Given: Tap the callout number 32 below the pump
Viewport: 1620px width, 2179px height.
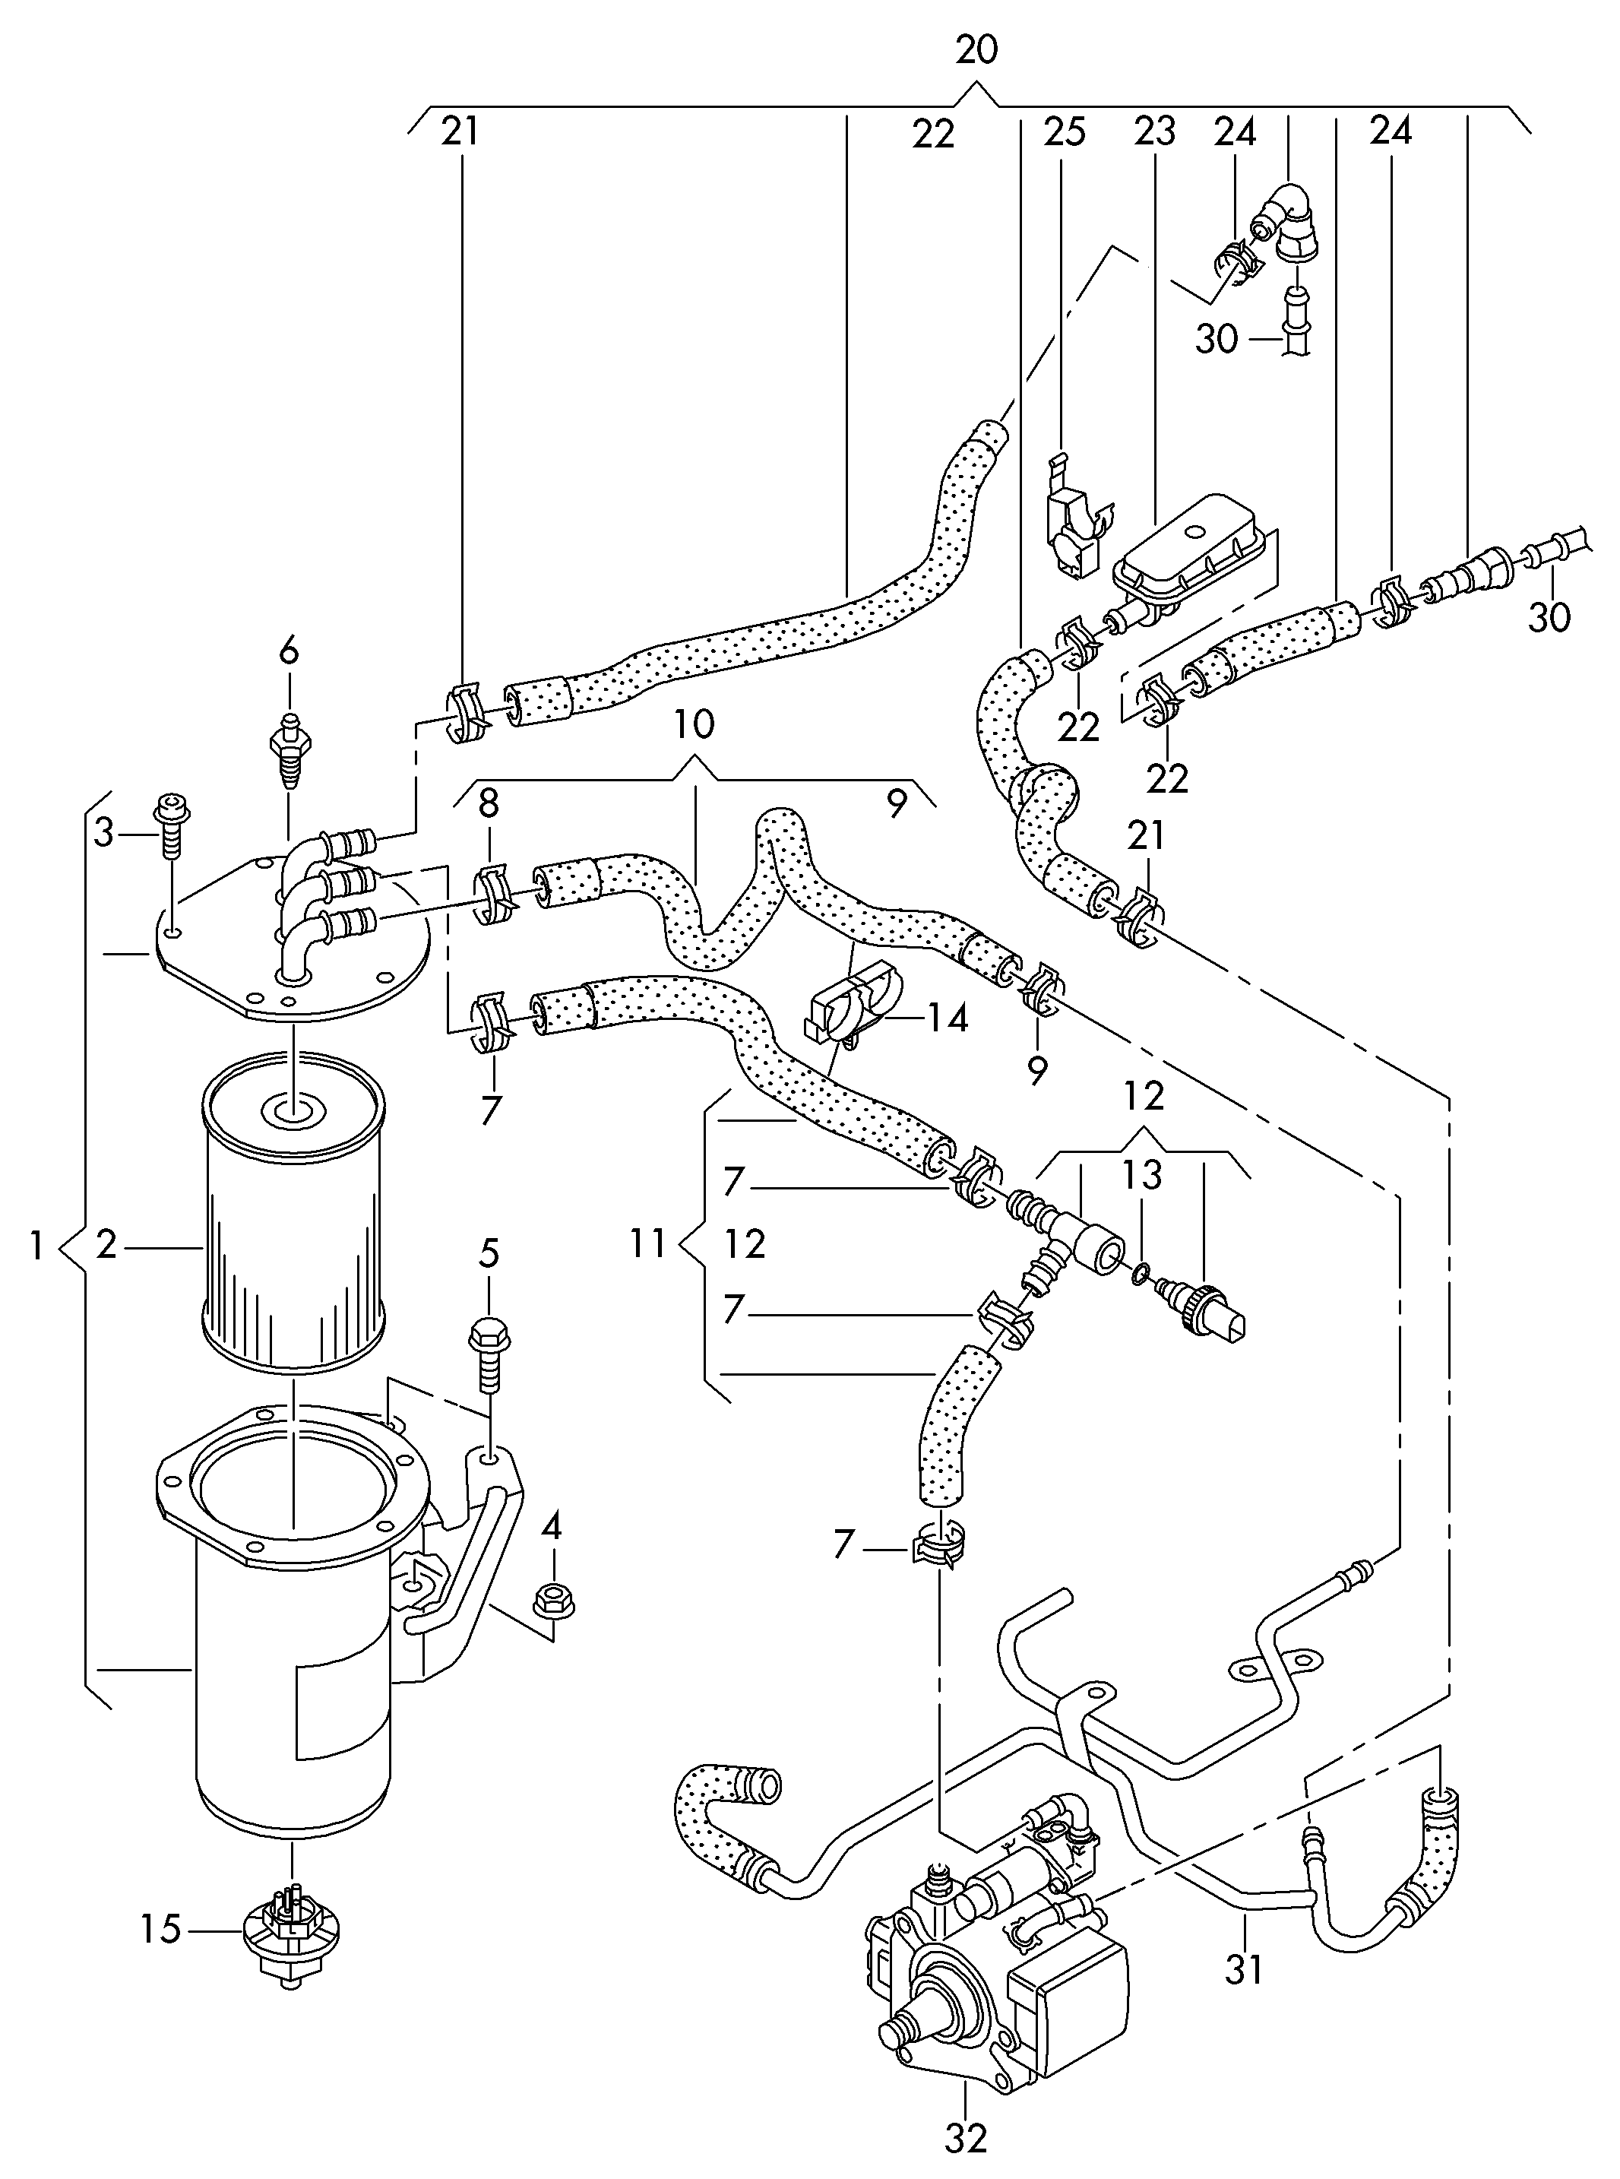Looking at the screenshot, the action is click(x=965, y=2137).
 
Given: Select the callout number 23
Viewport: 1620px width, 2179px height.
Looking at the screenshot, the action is click(x=1154, y=131).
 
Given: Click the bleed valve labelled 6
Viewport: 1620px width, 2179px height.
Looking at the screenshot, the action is click(x=287, y=750).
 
